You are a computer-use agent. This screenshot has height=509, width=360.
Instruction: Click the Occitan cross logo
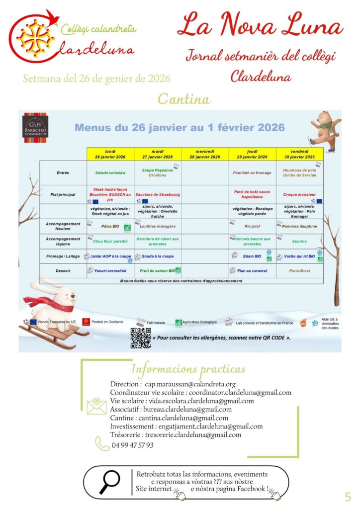[33, 37]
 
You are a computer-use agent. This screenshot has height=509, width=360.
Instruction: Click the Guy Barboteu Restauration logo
[35, 126]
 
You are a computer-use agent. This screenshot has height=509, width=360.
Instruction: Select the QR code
[141, 338]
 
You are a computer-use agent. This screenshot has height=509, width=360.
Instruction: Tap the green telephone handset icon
[102, 444]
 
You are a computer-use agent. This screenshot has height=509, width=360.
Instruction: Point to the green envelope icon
[96, 406]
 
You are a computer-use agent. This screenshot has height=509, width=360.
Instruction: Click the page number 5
[348, 496]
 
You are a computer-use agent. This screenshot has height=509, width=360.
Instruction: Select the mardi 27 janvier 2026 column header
[158, 154]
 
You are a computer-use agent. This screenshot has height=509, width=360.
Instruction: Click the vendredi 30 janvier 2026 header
[299, 154]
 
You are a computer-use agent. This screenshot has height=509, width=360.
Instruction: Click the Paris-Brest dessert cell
[299, 271]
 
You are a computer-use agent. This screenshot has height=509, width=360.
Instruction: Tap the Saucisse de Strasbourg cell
[158, 194]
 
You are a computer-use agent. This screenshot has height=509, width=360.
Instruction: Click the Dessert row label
[63, 271]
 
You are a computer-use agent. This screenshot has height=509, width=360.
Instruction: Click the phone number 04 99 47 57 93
[132, 445]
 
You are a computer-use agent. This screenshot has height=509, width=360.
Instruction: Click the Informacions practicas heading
[188, 369]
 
